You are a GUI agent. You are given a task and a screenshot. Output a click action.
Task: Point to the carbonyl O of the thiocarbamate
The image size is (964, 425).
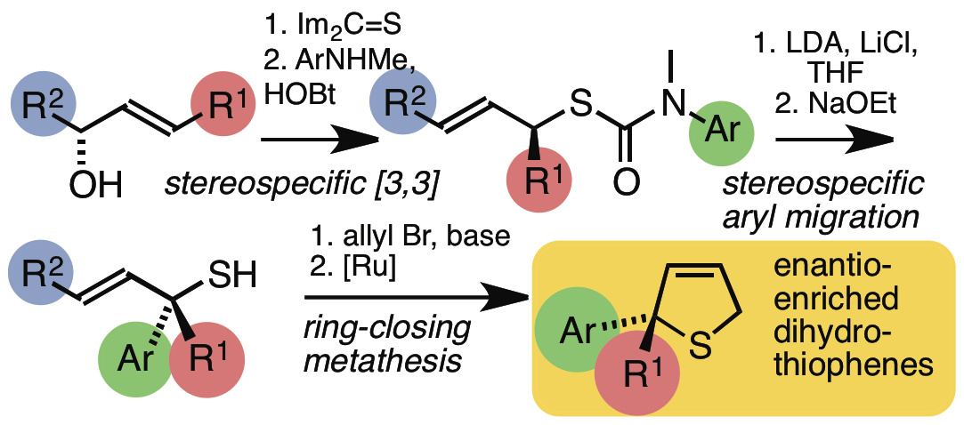click(627, 186)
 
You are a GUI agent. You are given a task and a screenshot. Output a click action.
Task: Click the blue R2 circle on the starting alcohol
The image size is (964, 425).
click(43, 108)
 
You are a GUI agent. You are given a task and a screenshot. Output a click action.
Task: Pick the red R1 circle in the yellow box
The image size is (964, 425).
click(633, 378)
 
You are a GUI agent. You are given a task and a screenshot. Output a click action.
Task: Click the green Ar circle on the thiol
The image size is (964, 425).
click(135, 363)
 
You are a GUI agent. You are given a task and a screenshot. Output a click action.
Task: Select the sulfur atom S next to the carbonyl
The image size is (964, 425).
click(579, 107)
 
